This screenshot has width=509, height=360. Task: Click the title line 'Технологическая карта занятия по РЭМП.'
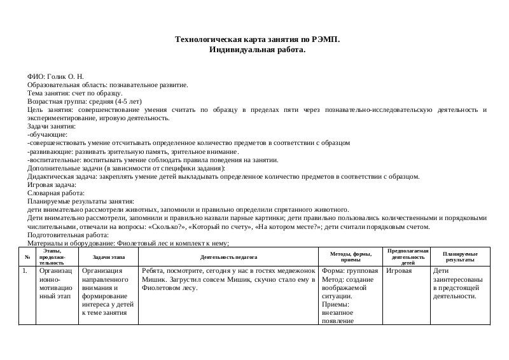[257, 39]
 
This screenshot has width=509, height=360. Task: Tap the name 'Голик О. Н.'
[67, 76]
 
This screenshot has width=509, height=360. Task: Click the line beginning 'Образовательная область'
[108, 85]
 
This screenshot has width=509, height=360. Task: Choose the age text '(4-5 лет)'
[129, 101]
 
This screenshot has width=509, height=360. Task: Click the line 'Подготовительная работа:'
[67, 234]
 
